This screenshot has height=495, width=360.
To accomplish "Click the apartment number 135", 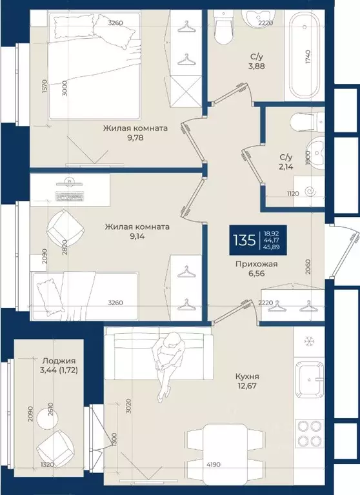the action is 245,240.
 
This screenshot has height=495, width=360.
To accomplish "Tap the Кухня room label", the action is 247,376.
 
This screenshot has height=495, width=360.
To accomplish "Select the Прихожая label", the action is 257,264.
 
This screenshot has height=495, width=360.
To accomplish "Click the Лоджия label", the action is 59,361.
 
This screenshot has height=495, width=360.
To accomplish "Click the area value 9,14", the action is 137,236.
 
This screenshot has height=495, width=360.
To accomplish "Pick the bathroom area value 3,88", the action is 256,66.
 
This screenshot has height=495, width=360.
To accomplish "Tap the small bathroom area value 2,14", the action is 286,167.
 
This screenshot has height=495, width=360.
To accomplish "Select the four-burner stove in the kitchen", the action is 310,433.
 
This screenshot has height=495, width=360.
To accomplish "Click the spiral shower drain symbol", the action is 310,191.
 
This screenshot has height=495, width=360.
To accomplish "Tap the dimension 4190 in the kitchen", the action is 214,465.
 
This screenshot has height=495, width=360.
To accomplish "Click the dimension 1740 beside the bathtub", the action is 308,57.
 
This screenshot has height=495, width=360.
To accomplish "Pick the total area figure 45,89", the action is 273,248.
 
